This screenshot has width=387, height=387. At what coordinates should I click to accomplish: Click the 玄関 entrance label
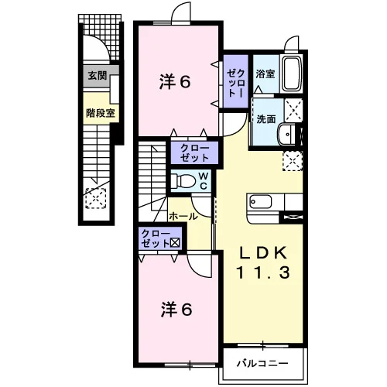98,76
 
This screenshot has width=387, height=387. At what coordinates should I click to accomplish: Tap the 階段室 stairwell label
101,113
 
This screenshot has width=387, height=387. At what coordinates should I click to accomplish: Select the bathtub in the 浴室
293,74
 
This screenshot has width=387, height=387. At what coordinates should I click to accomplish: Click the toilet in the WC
183,180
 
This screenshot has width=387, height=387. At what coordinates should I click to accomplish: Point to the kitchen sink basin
261,202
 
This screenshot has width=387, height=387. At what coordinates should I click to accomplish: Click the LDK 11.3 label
263,262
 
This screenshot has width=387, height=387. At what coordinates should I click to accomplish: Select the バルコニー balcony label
262,363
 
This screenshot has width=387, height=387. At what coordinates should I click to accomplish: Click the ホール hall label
183,216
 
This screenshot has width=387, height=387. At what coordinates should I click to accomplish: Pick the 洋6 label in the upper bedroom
175,82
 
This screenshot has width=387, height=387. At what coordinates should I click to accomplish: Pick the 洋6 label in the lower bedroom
176,310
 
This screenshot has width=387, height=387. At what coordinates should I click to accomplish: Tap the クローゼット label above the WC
194,152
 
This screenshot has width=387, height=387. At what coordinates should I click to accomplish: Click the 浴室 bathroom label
265,74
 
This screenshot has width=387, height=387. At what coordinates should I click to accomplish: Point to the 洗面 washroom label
266,119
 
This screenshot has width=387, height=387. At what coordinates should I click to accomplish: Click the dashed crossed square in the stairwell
96,198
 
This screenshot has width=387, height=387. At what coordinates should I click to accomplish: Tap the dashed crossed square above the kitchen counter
293,161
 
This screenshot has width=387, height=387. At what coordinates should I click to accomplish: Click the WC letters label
204,180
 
